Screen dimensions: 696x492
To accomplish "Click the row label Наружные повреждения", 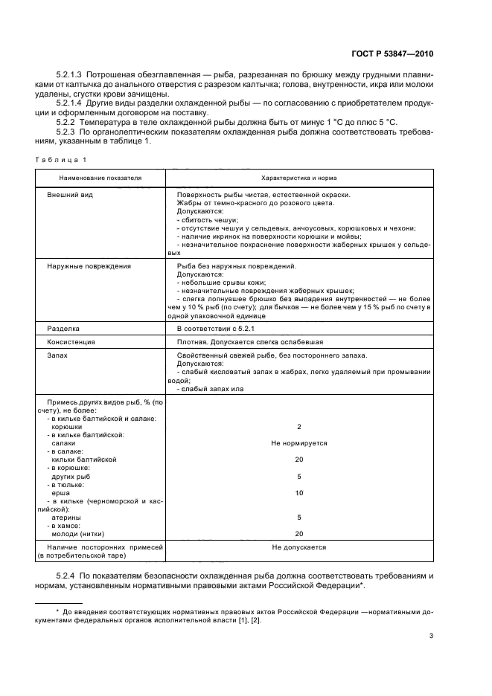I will pos(89,265).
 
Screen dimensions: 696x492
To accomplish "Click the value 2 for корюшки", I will pos(298,427).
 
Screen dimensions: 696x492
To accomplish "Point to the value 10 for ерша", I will pos(298,493).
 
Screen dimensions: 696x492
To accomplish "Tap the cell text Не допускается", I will pos(298,547).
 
